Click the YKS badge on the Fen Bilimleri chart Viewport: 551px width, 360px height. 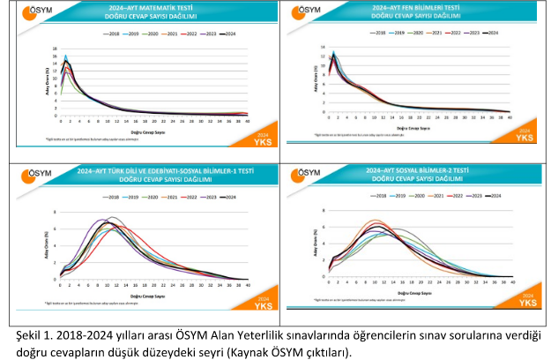[525, 136]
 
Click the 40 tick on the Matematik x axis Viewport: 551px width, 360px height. [246, 120]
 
